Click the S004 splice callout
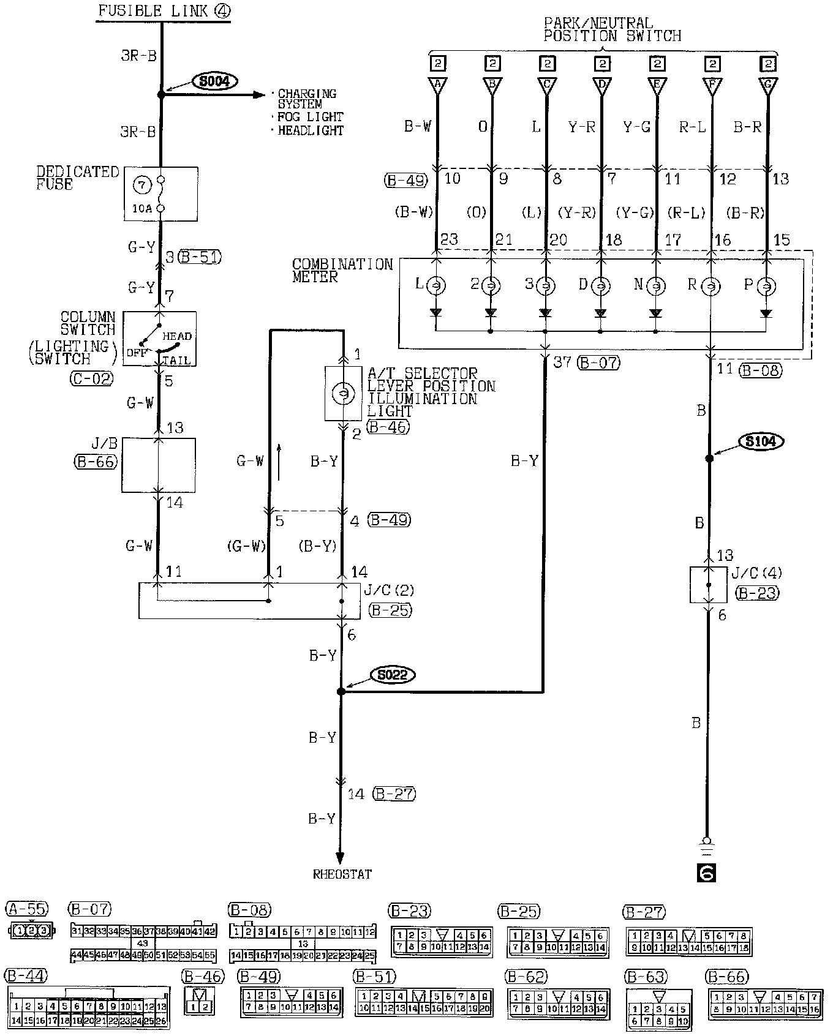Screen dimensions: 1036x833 click(x=214, y=80)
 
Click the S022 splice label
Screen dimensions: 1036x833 click(x=393, y=675)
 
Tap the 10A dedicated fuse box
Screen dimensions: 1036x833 click(x=160, y=194)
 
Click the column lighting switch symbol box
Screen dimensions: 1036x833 click(x=159, y=339)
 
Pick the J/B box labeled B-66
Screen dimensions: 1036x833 click(x=159, y=465)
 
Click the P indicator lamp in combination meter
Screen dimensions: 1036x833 click(x=766, y=285)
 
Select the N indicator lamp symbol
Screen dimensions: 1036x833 click(x=655, y=285)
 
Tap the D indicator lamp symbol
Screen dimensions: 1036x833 click(x=600, y=285)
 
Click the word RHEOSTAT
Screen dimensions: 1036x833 click(x=342, y=874)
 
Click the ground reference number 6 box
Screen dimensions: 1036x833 click(x=707, y=873)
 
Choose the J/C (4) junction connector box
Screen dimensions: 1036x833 click(x=709, y=585)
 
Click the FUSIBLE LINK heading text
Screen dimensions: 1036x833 click(x=156, y=11)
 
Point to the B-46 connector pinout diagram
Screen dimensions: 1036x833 click(x=201, y=1000)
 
